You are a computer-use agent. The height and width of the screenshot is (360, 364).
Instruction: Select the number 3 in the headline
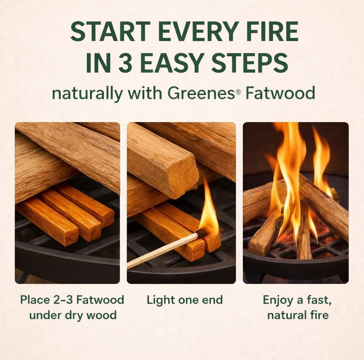pos(126,63)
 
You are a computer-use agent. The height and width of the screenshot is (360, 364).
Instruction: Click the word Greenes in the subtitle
pos(201,93)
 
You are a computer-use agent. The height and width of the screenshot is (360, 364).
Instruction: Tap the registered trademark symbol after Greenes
pos(238,92)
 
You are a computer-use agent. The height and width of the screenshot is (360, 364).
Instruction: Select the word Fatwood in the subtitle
pos(280,93)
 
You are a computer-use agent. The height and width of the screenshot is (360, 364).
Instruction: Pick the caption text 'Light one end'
pos(185,300)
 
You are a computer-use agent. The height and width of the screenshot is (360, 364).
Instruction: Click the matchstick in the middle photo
pos(163,251)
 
